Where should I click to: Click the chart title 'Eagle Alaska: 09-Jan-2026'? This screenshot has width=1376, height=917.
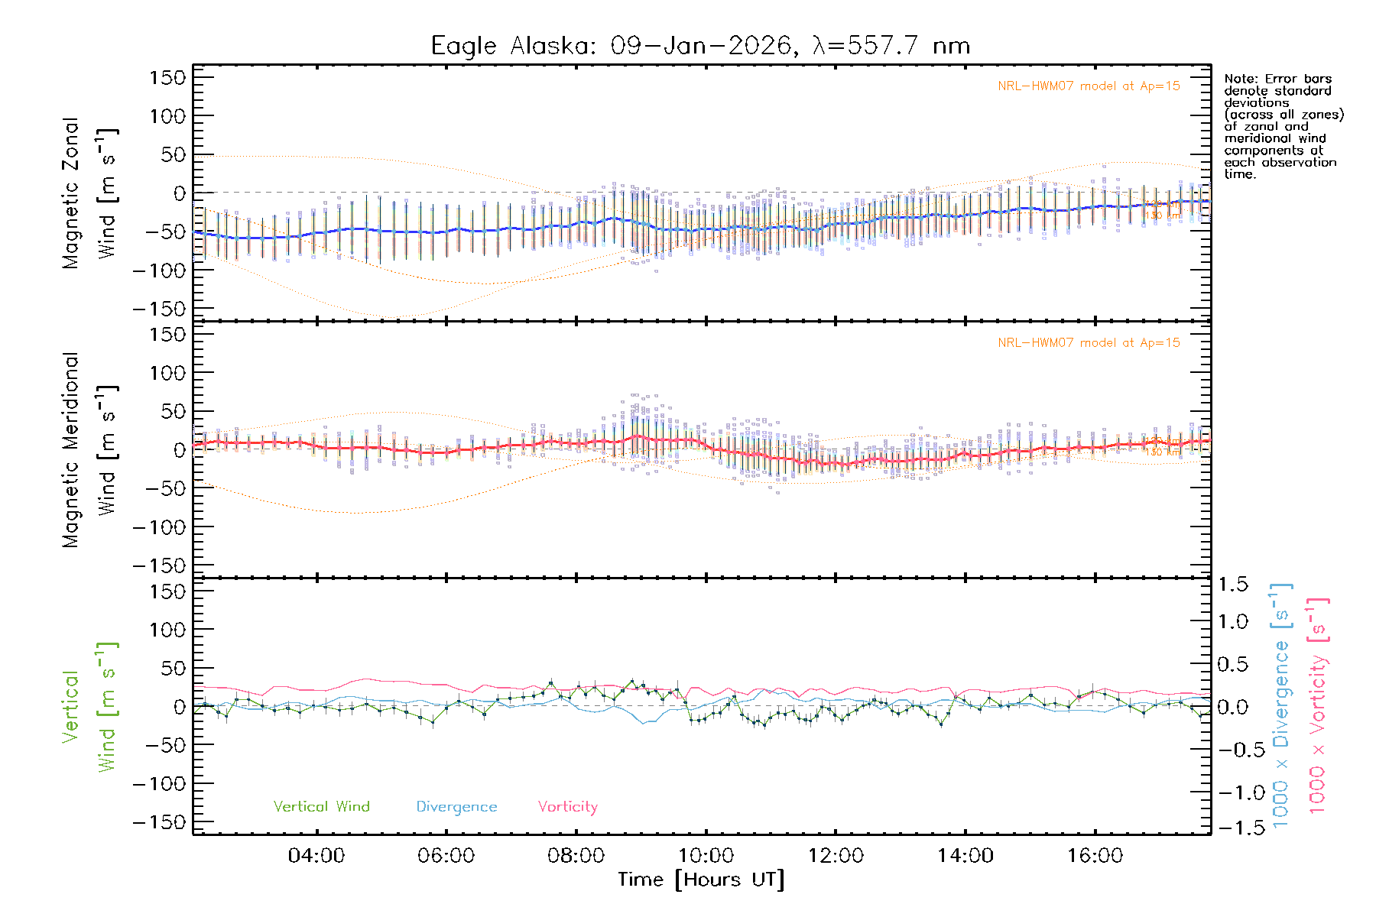pyautogui.click(x=612, y=46)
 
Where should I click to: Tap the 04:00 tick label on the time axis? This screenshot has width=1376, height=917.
pyautogui.click(x=316, y=856)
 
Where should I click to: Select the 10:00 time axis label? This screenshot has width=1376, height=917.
pyautogui.click(x=706, y=856)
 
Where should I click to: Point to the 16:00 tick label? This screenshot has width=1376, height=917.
pyautogui.click(x=1095, y=856)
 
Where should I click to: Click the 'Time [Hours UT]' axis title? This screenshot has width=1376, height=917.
pyautogui.click(x=701, y=880)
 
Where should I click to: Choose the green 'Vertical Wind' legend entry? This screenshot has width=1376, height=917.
pyautogui.click(x=321, y=807)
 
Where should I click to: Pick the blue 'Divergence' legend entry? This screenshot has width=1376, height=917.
pyautogui.click(x=456, y=807)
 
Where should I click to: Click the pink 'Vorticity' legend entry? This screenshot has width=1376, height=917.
pyautogui.click(x=567, y=807)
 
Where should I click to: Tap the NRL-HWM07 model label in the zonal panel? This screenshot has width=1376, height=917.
pyautogui.click(x=1089, y=86)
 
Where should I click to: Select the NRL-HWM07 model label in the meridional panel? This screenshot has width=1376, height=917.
pyautogui.click(x=1089, y=343)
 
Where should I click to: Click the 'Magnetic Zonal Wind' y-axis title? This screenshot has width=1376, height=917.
pyautogui.click(x=90, y=193)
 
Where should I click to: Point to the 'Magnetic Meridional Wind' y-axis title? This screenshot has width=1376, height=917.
pyautogui.click(x=90, y=449)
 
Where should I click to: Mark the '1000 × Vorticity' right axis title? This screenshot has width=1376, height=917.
pyautogui.click(x=1318, y=706)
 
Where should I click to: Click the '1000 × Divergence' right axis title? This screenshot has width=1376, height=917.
pyautogui.click(x=1281, y=706)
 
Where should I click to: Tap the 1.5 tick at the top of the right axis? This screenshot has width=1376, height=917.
pyautogui.click(x=1232, y=585)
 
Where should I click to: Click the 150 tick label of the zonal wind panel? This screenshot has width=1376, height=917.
pyautogui.click(x=167, y=77)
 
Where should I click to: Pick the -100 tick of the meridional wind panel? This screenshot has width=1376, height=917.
pyautogui.click(x=159, y=527)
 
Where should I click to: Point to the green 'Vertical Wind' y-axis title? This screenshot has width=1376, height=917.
pyautogui.click(x=90, y=706)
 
